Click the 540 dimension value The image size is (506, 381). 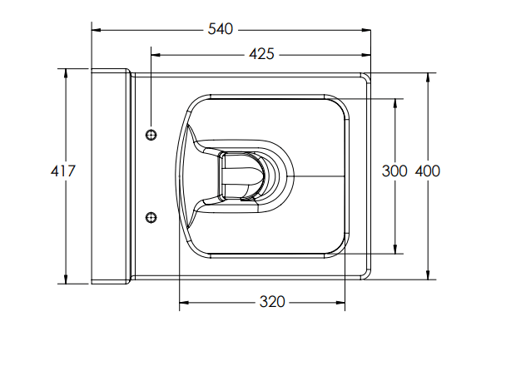[x=220, y=30]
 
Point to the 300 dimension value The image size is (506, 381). [x=394, y=171]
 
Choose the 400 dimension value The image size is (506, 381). [x=427, y=171]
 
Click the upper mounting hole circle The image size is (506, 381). [x=151, y=135]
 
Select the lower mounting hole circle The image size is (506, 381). [x=151, y=217]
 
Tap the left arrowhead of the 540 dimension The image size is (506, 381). [x=96, y=30]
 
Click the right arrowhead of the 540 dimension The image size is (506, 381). [x=365, y=30]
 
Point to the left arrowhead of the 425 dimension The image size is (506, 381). [x=156, y=55]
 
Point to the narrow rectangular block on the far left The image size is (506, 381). [x=110, y=176]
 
